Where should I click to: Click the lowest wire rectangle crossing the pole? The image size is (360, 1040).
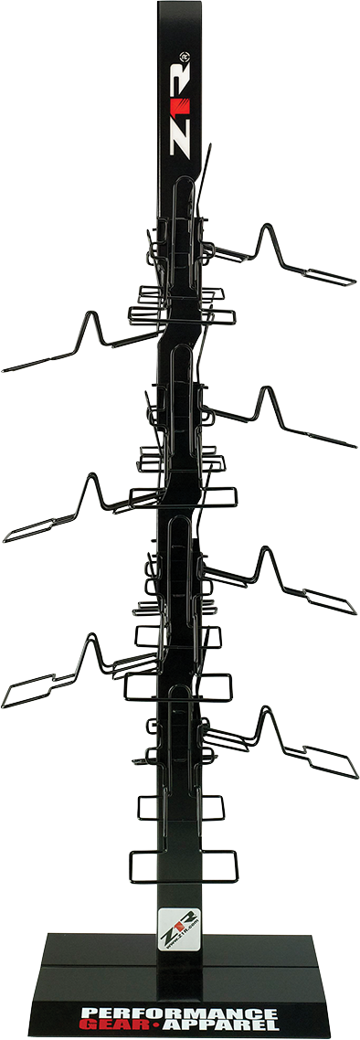(183, 866)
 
